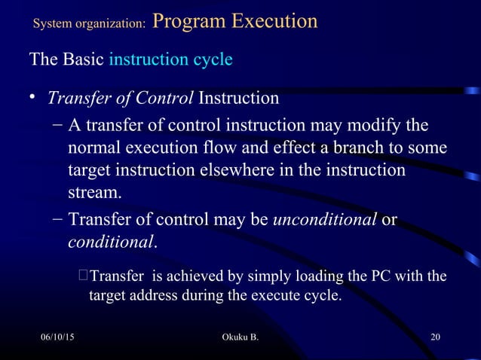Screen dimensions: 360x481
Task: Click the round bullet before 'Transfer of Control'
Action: point(32,99)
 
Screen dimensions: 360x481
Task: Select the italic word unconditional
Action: point(325,220)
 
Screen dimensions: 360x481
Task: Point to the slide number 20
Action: point(435,335)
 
